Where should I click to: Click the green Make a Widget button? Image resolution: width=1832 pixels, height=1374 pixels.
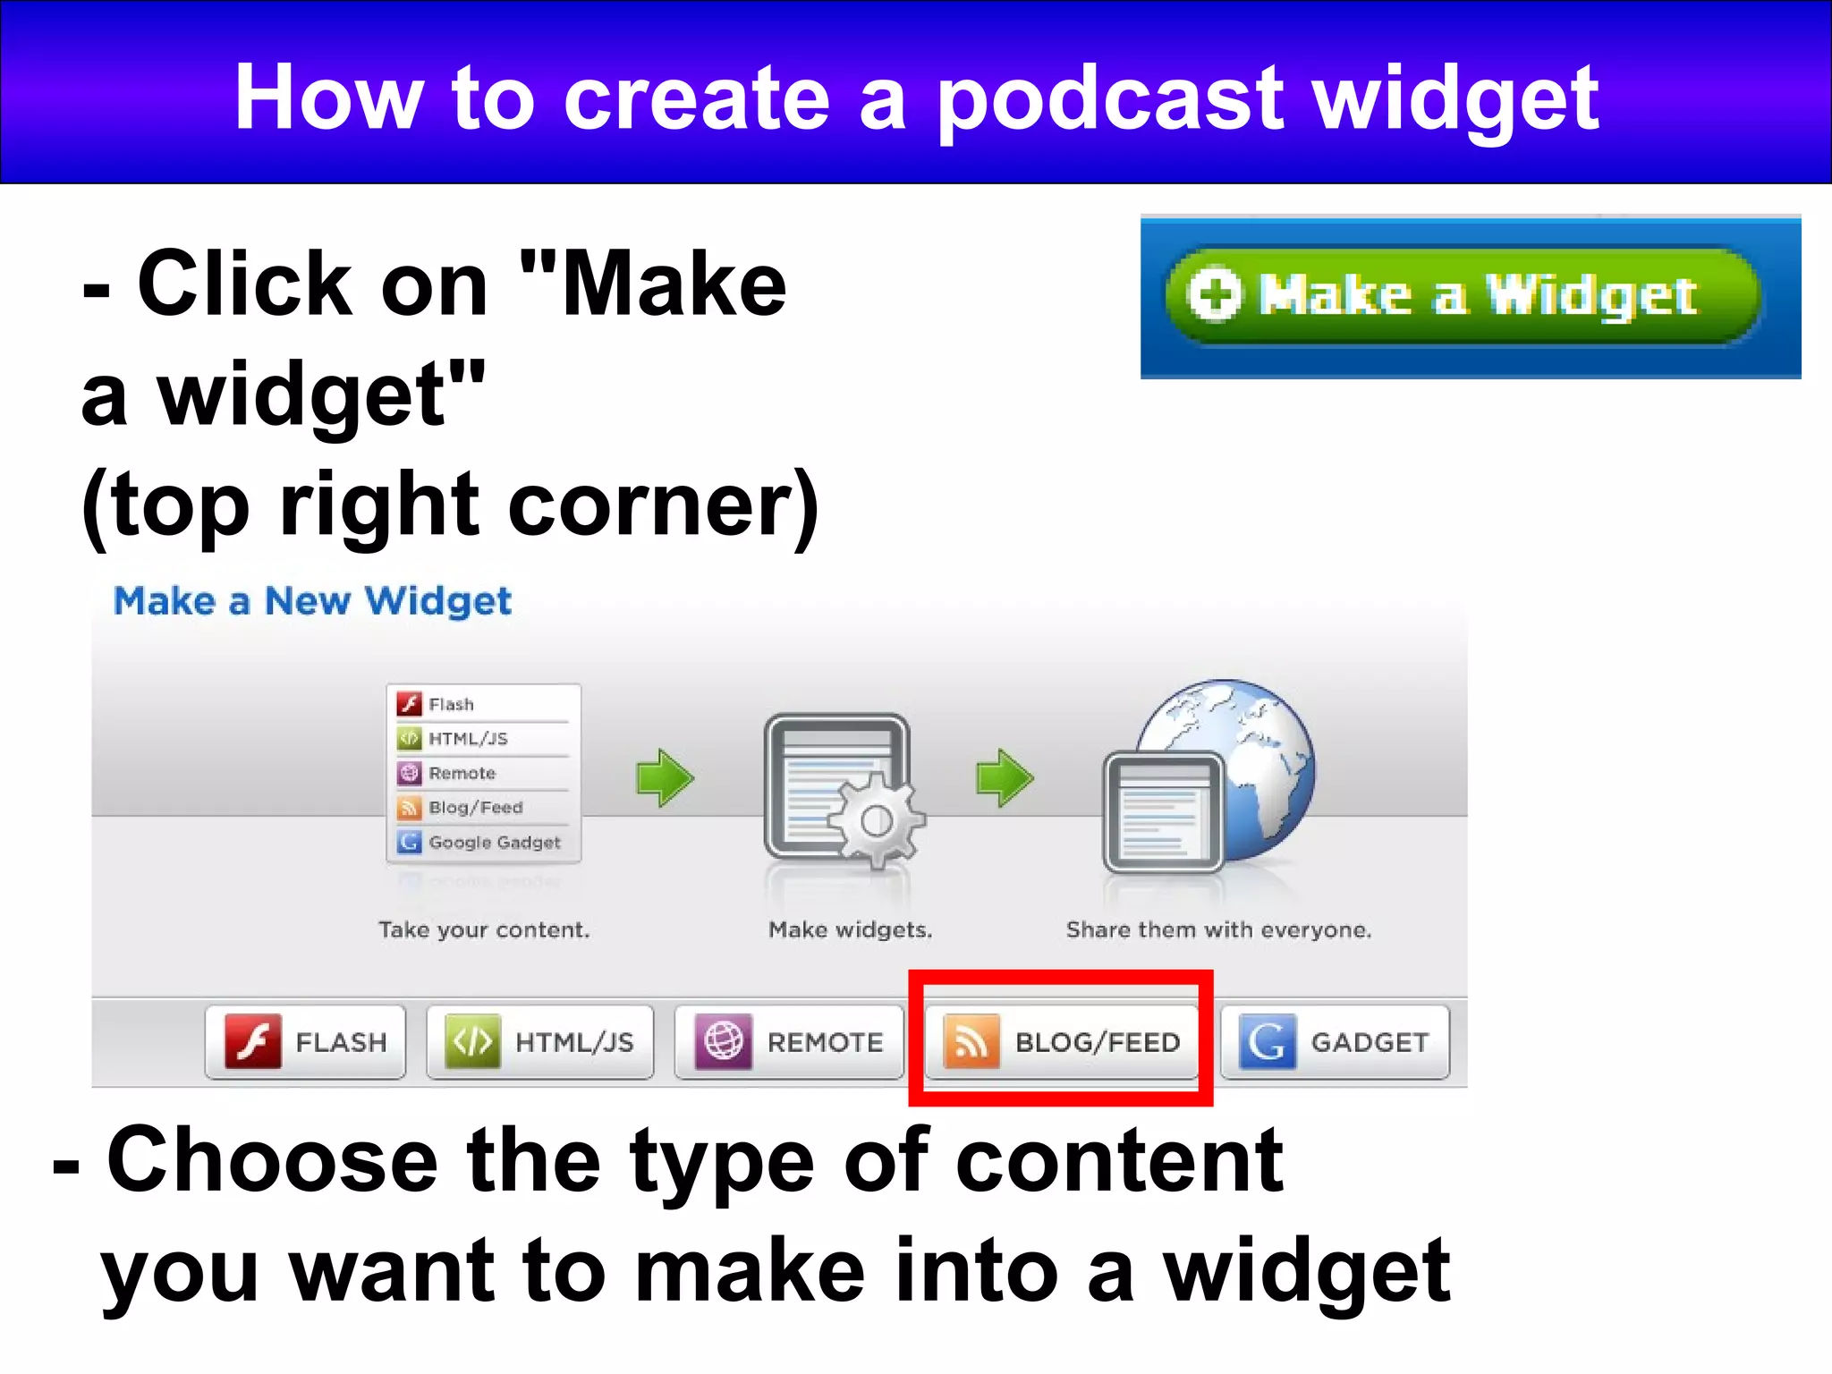click(1463, 296)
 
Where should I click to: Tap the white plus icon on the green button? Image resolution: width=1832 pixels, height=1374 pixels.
click(1214, 294)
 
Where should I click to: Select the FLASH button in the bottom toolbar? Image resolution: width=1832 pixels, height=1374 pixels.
click(305, 1042)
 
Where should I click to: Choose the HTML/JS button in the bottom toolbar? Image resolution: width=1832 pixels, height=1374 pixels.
click(539, 1042)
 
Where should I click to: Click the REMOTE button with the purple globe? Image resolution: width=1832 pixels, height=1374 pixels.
click(789, 1042)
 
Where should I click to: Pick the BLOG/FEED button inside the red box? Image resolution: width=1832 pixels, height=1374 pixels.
click(1061, 1042)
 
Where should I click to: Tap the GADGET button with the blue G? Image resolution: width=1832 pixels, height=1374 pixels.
click(1335, 1042)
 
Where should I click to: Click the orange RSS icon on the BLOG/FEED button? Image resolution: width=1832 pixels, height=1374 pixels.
click(971, 1041)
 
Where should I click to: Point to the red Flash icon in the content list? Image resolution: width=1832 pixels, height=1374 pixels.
click(410, 704)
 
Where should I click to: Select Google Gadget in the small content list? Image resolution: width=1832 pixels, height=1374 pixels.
click(494, 843)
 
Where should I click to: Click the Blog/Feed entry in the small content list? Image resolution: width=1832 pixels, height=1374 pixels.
click(475, 808)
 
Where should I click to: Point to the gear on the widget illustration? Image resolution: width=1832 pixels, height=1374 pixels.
click(877, 820)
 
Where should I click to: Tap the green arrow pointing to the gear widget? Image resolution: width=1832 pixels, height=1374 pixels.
click(665, 777)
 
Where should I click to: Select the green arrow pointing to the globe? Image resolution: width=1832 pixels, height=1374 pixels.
click(1004, 777)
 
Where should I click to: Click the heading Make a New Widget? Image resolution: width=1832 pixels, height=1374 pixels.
click(312, 601)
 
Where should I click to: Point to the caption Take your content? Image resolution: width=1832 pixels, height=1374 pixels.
click(484, 930)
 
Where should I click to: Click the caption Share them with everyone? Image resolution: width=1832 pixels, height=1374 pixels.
click(1218, 930)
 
